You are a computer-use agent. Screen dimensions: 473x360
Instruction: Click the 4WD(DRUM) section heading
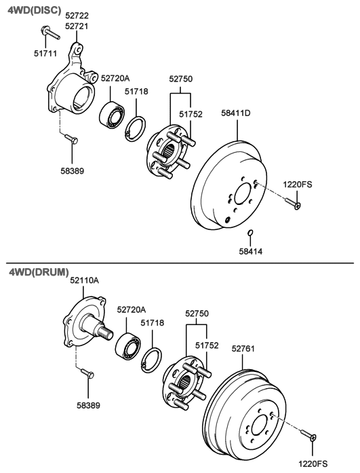tap(38, 272)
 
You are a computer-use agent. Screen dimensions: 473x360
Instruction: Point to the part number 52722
tap(76, 15)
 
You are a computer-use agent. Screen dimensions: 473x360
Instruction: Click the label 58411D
tap(237, 113)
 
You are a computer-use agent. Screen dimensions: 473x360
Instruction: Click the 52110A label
tap(83, 280)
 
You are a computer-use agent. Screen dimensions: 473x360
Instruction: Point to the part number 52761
tap(244, 350)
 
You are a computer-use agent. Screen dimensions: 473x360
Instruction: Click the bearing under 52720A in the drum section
tap(129, 345)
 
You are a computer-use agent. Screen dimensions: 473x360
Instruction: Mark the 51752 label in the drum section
tap(207, 346)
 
